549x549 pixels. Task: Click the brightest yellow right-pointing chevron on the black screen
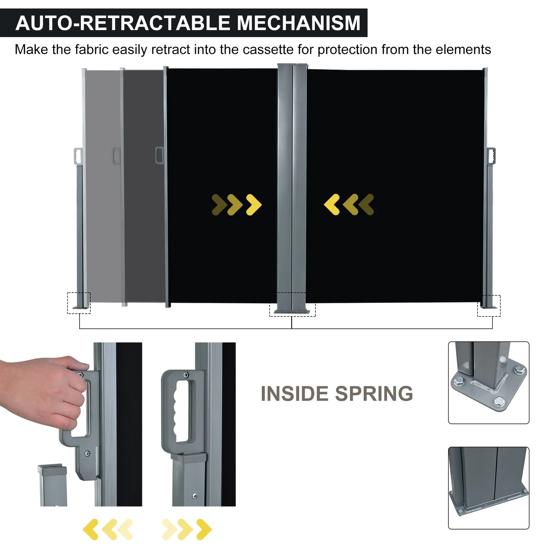tap(254, 205)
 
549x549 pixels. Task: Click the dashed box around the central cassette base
tap(292, 304)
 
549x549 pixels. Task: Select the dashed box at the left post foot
tap(79, 303)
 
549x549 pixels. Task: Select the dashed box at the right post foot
tap(489, 306)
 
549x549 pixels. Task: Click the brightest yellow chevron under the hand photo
tap(91, 529)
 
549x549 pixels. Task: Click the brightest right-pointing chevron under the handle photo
tap(204, 529)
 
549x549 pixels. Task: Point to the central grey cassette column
tap(292, 185)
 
